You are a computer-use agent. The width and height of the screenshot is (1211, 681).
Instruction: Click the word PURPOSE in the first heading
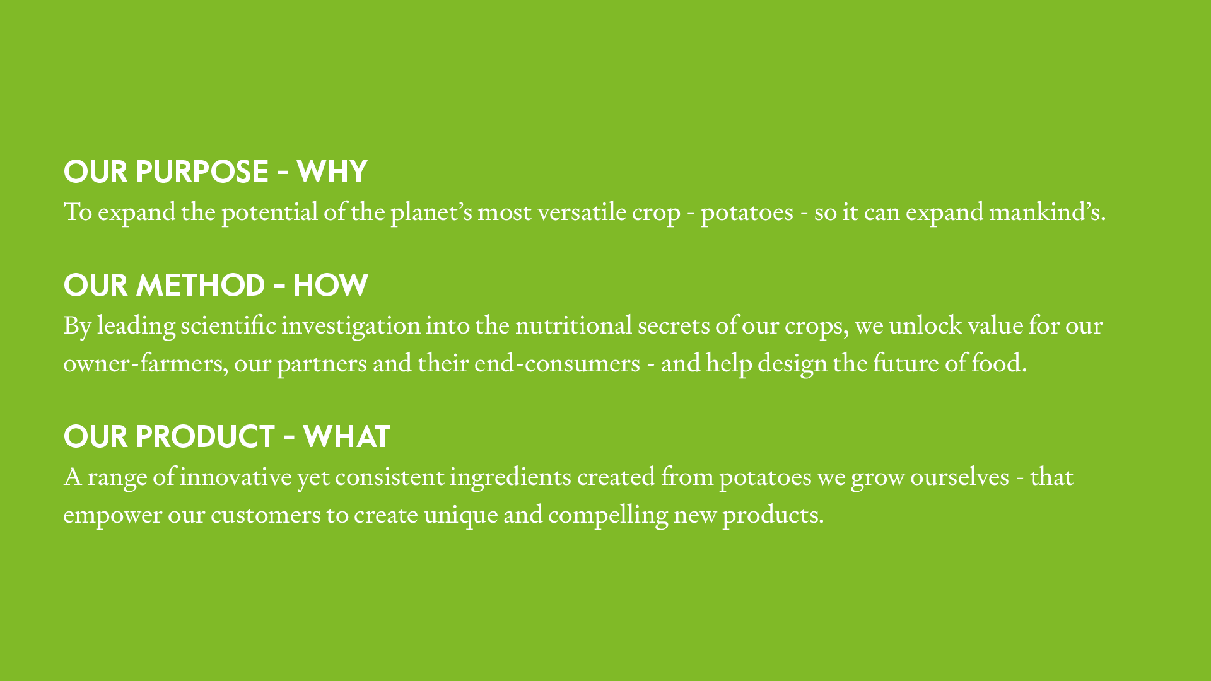click(x=202, y=172)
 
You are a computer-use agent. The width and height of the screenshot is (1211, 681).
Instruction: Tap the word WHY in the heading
click(x=332, y=172)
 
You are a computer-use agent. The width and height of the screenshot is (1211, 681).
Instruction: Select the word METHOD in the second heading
click(x=201, y=285)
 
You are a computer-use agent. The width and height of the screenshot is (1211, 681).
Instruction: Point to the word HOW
click(x=331, y=285)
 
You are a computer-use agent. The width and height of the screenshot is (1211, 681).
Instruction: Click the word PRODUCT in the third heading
click(x=205, y=436)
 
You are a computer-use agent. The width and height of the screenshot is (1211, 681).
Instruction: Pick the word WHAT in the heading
click(x=346, y=436)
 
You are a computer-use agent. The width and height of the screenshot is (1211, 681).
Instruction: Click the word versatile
click(x=582, y=212)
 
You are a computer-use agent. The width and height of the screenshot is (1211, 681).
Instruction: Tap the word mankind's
click(x=1047, y=212)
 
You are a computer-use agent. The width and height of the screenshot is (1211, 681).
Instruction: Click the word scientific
click(x=228, y=325)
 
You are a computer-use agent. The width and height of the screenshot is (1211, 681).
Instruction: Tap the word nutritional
click(x=573, y=325)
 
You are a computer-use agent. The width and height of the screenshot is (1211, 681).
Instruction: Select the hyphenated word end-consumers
click(x=557, y=363)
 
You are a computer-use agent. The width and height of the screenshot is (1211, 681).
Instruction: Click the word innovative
click(x=236, y=477)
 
